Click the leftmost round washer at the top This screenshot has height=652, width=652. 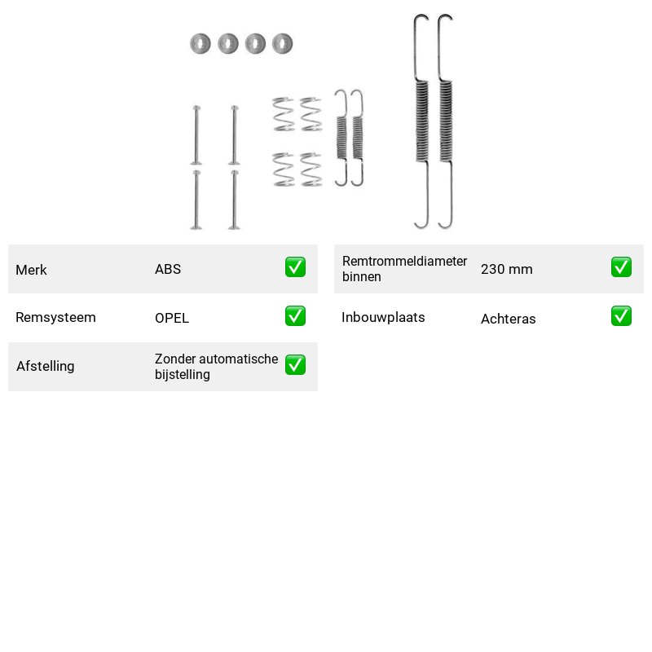coord(200,43)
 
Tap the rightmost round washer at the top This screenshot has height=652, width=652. coord(282,43)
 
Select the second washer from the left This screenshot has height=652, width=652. coord(228,43)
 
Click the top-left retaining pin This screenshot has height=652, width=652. coord(196,135)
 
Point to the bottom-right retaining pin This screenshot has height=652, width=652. coord(235,200)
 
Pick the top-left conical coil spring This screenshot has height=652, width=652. coord(284,114)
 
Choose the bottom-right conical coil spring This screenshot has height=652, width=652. coord(311,170)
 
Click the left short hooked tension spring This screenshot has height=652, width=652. coord(341,138)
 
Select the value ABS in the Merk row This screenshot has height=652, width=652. coord(168,269)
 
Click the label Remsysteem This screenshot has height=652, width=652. coord(55,317)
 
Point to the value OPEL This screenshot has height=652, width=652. coord(172,318)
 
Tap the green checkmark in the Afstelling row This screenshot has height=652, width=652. coord(295,364)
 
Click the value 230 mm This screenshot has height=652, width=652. coord(506,269)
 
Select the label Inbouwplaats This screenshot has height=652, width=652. coord(383,317)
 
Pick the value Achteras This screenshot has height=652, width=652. coord(508,319)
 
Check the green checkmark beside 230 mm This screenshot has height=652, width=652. coord(621,267)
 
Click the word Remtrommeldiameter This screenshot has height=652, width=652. coord(404,261)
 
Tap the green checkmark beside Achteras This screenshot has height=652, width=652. coord(621,316)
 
